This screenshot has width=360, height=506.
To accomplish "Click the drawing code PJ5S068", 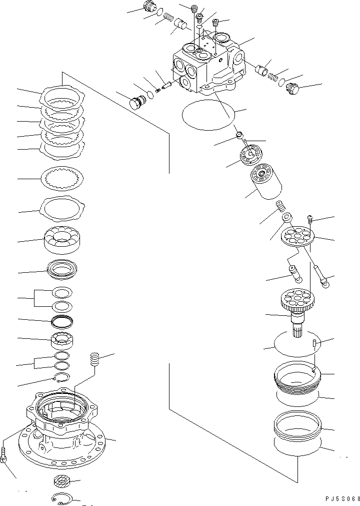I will pos(339,499).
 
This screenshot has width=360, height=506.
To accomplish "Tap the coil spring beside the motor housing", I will pos(94,359).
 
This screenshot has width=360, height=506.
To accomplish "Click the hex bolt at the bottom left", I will pos(4,455).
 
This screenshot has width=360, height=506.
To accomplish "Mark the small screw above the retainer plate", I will pos(309,218).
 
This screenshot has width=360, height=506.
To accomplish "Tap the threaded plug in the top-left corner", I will pos(148,7).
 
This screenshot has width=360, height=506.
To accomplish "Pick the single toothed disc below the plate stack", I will pos(63,178).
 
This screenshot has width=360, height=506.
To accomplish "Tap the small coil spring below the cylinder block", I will pos(281,206).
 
